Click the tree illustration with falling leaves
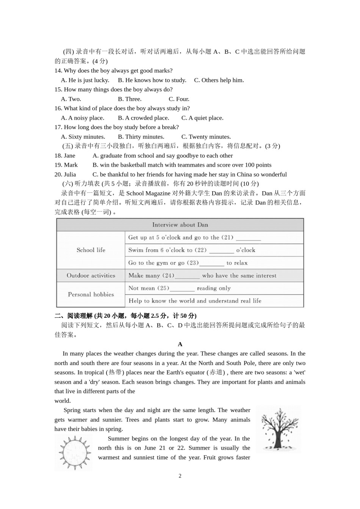[x=278, y=429]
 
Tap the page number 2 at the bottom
[x=180, y=476]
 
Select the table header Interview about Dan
[x=180, y=225]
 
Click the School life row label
[x=91, y=250]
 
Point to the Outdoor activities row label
[x=91, y=276]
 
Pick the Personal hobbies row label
[x=91, y=294]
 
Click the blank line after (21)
[x=248, y=238]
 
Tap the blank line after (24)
[x=187, y=276]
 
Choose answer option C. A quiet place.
[x=202, y=118]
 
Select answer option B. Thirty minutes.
[x=141, y=137]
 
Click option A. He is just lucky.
[x=85, y=80]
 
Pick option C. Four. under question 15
[x=179, y=99]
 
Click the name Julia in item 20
[x=70, y=175]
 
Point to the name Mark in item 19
[x=70, y=165]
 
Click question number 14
[x=58, y=70]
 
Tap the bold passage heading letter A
[x=180, y=344]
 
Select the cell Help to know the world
[x=195, y=301]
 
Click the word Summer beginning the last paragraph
[x=118, y=439]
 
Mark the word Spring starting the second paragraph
[x=72, y=410]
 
